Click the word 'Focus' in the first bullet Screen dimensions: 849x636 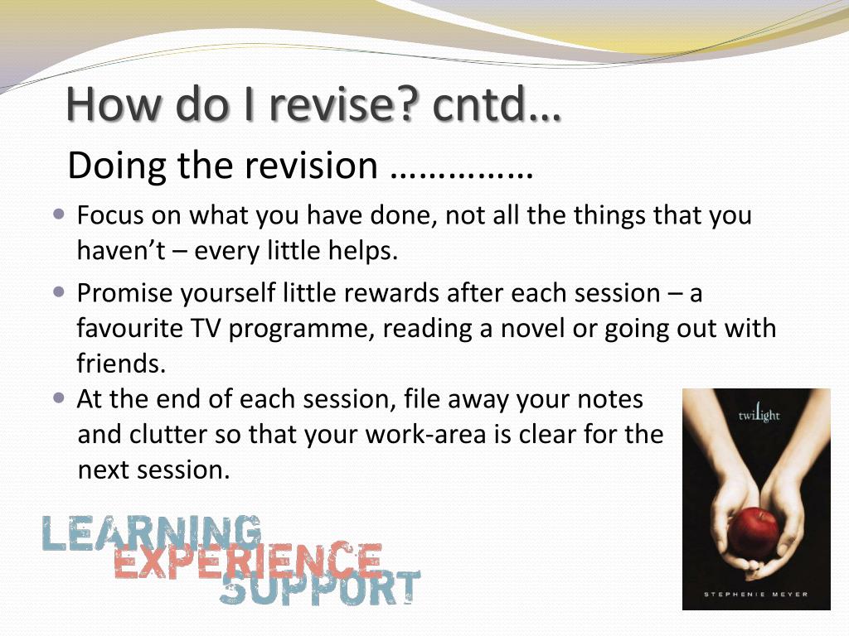coord(110,214)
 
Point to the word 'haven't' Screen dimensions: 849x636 coord(121,250)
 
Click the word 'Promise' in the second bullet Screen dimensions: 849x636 coord(124,293)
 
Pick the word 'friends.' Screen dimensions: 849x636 coord(121,363)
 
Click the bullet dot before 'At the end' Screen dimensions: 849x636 coord(59,398)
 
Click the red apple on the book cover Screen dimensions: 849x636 coord(753,533)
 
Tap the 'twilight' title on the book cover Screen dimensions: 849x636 coord(759,414)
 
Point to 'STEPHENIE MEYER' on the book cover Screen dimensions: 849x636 coord(755,595)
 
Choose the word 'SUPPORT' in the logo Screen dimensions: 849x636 coord(320,587)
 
